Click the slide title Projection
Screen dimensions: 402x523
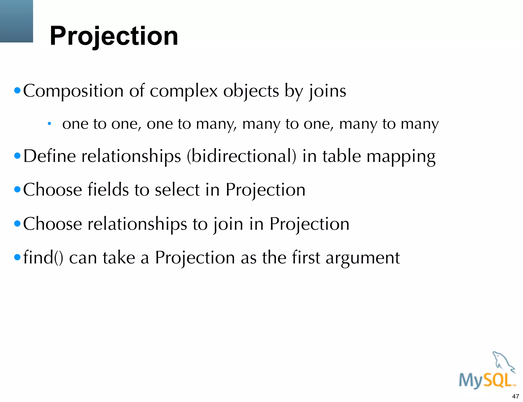click(x=114, y=36)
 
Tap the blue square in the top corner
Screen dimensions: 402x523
click(x=16, y=21)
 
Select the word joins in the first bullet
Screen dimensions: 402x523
click(x=328, y=91)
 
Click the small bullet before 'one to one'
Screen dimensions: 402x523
click(x=49, y=124)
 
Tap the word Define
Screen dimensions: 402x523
click(x=50, y=156)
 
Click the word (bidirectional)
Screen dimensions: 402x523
click(x=242, y=156)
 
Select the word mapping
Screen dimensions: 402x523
click(x=401, y=157)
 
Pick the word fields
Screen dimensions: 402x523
click(x=108, y=190)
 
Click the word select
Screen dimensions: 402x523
click(x=177, y=190)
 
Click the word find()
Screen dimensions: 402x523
click(x=43, y=258)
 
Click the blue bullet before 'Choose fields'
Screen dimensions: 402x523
click(x=17, y=190)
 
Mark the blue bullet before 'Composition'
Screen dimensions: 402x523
click(x=17, y=91)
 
